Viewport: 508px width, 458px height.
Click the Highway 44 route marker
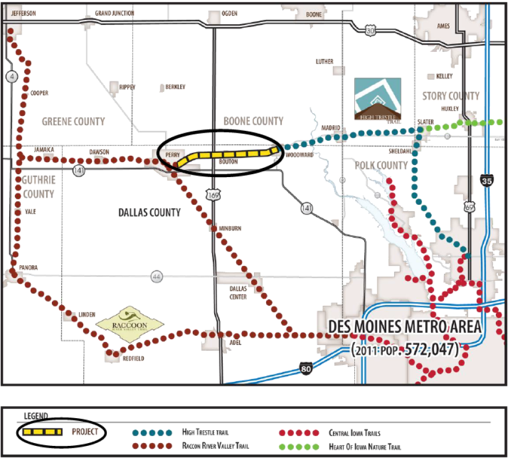[x=156, y=276]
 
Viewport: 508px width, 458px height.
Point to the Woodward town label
[x=298, y=155]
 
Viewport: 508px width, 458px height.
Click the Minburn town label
[x=230, y=228]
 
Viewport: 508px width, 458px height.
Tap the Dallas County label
[x=150, y=212]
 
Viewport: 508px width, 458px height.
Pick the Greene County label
[x=73, y=121]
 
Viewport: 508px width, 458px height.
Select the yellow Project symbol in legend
[x=42, y=431]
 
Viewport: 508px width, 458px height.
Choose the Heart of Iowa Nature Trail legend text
[x=366, y=446]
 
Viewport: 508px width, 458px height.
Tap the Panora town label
[x=28, y=268]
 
